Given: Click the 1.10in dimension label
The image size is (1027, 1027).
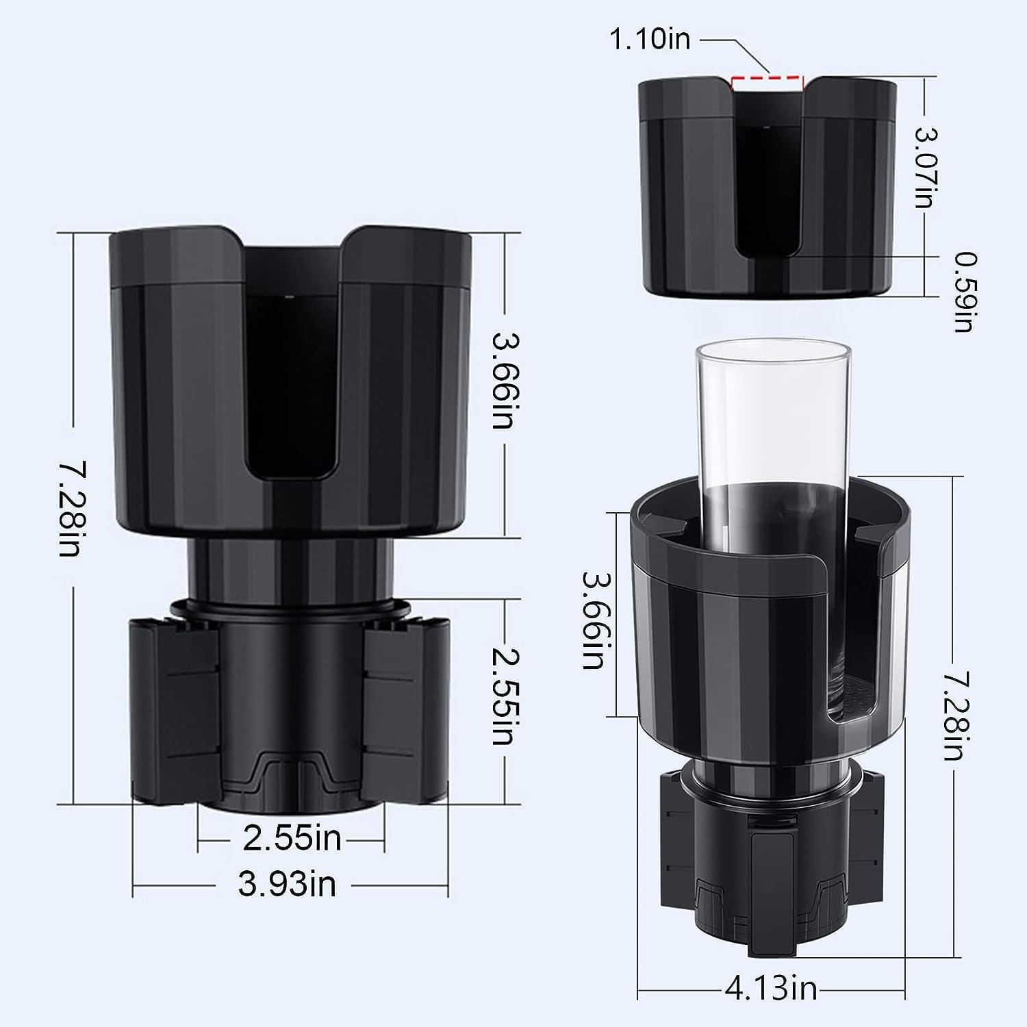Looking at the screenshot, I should click(650, 40).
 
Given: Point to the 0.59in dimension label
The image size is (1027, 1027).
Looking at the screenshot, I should click(965, 292).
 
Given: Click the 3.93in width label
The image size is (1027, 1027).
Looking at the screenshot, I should click(288, 885).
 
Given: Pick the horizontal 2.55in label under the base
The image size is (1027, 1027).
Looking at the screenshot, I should click(292, 838).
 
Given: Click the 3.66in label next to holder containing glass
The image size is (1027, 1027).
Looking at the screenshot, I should click(593, 620).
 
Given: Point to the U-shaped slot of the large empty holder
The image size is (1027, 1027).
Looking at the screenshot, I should click(290, 383).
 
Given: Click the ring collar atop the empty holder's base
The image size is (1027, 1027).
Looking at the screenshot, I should click(290, 607).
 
